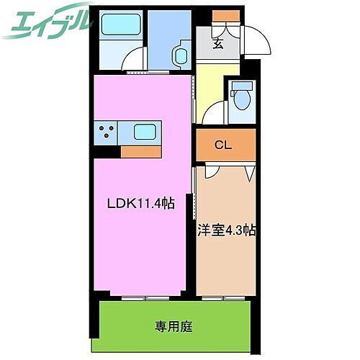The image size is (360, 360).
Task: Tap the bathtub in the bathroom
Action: [x=116, y=28]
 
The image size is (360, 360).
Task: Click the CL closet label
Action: [x=224, y=145]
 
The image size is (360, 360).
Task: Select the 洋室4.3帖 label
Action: [x=226, y=230]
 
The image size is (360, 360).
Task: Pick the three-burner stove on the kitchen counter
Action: [x=108, y=132]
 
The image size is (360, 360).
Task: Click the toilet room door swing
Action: [x=214, y=114]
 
